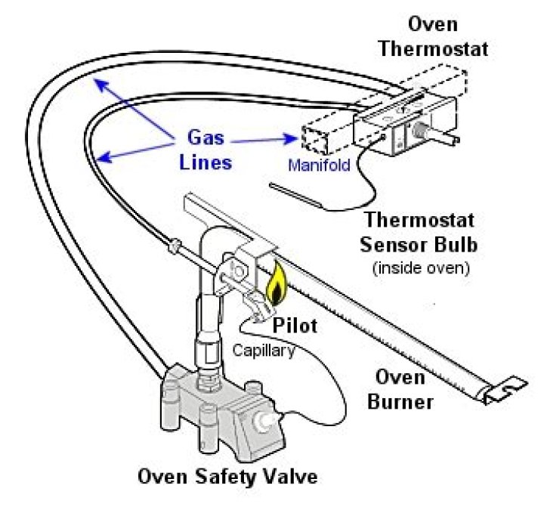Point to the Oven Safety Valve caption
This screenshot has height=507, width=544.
(226, 477)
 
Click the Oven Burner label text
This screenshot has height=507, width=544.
(400, 390)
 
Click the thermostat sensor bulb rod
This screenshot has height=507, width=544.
(295, 193)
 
